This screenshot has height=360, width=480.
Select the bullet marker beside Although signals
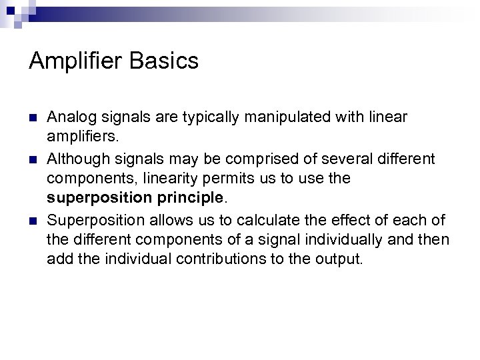(33, 159)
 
